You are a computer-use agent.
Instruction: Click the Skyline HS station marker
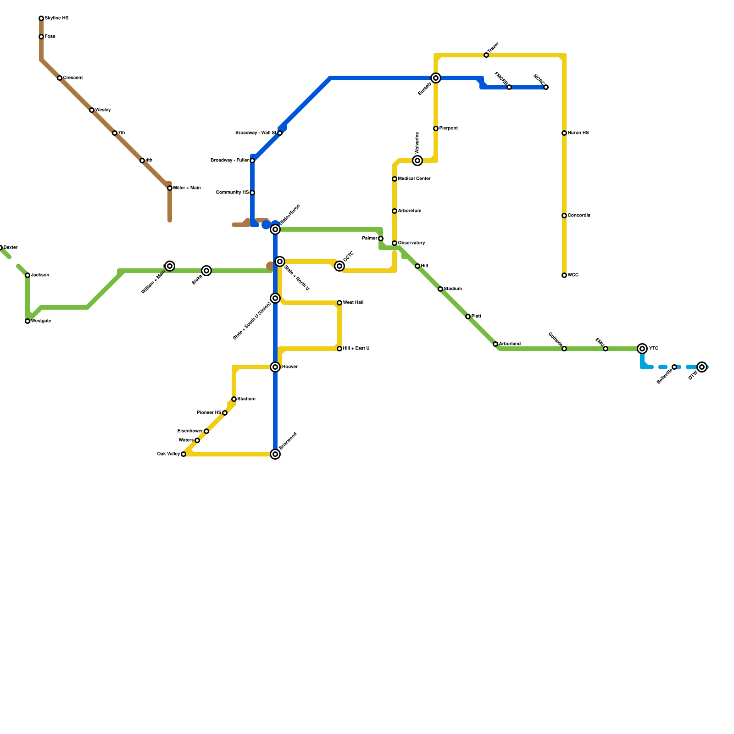pos(41,18)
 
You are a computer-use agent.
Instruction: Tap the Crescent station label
pos(73,78)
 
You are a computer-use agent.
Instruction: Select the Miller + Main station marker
pos(170,188)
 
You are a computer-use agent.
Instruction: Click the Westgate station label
pos(41,321)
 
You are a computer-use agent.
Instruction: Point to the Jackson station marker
pos(28,275)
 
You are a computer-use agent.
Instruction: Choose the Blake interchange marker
pos(206,271)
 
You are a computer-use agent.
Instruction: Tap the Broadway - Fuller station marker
pos(252,161)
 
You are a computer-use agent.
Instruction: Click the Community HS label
pos(232,193)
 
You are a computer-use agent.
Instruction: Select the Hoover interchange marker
pos(275,367)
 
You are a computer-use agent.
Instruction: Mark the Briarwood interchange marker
pos(275,454)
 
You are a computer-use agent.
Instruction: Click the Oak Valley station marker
pos(183,454)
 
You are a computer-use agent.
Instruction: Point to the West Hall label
pos(353,303)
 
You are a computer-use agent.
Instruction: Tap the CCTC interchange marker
pos(339,266)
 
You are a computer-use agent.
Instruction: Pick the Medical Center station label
pos(414,179)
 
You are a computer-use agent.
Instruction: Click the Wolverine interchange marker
pos(417,161)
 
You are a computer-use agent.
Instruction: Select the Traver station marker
pos(486,55)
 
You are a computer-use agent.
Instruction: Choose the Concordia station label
pos(579,216)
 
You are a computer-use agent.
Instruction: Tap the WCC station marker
pos(564,275)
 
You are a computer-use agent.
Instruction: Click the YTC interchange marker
pos(642,349)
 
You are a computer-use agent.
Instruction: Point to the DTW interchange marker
pos(702,367)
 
